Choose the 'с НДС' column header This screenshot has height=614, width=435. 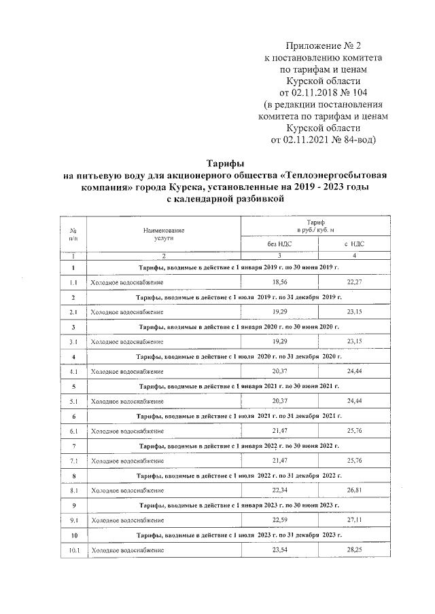pyautogui.click(x=355, y=244)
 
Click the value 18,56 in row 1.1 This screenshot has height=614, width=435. pyautogui.click(x=280, y=281)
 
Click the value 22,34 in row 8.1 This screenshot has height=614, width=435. pyautogui.click(x=280, y=490)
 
